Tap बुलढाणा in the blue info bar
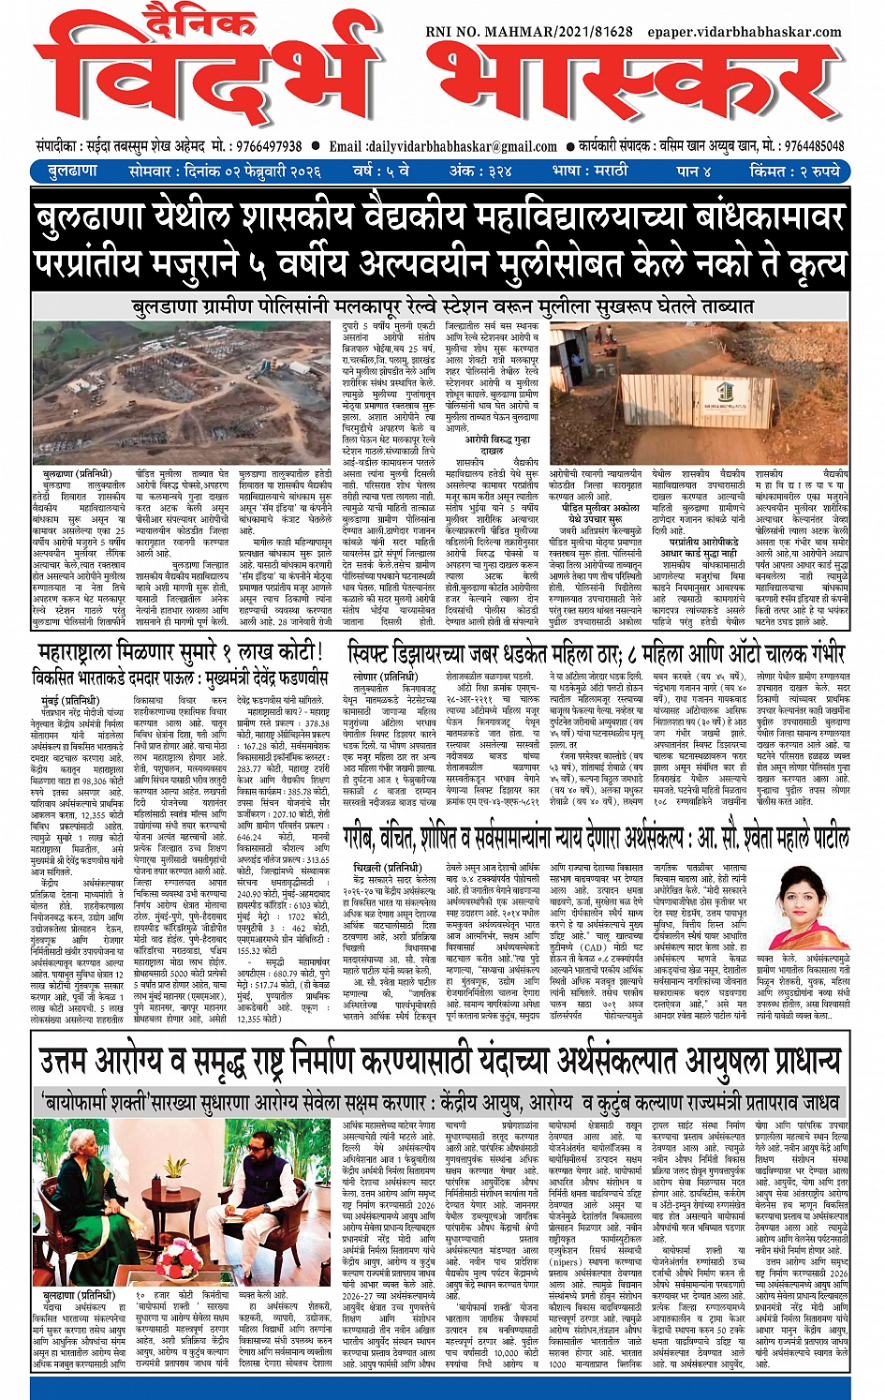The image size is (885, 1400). [x=72, y=171]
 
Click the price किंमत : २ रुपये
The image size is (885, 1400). [x=795, y=171]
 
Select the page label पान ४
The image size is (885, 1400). [x=694, y=171]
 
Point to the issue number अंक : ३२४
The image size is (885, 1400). [x=480, y=171]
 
